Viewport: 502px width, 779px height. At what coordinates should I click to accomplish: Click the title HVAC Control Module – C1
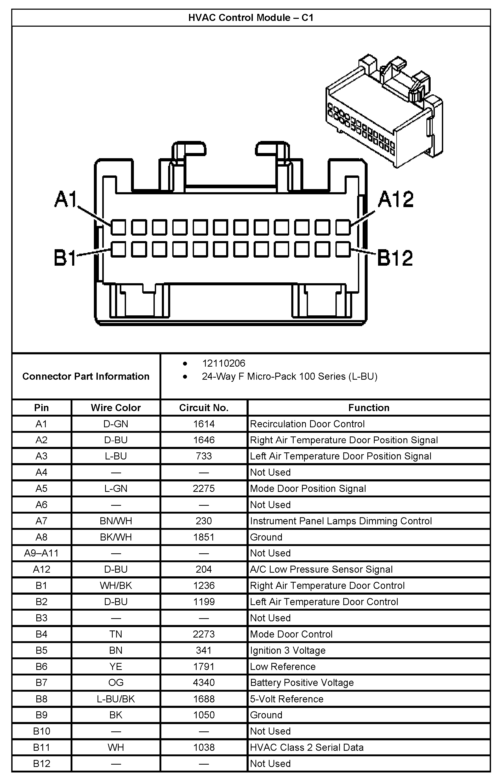click(x=251, y=18)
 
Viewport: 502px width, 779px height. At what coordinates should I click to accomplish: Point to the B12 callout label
click(x=395, y=258)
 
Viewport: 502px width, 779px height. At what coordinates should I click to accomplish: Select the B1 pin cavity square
click(x=118, y=249)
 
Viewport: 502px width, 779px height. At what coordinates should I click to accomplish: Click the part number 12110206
click(x=224, y=363)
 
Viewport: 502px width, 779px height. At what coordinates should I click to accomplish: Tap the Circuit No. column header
click(x=204, y=408)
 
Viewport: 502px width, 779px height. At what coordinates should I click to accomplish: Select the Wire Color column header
click(x=116, y=408)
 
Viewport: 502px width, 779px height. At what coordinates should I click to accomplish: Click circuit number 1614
click(x=204, y=424)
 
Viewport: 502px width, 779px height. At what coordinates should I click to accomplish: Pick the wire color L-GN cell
click(x=116, y=488)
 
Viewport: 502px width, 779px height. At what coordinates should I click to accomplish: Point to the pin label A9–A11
click(x=41, y=553)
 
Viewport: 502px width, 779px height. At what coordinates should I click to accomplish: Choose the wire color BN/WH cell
click(x=116, y=521)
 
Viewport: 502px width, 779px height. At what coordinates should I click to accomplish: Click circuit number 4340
click(x=204, y=683)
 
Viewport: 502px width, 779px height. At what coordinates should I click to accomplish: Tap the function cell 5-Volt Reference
click(x=287, y=699)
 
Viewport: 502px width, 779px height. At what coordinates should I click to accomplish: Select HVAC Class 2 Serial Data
click(x=306, y=747)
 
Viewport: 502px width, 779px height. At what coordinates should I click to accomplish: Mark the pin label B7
click(x=41, y=683)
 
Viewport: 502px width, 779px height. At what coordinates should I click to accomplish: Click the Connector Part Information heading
click(x=86, y=377)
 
